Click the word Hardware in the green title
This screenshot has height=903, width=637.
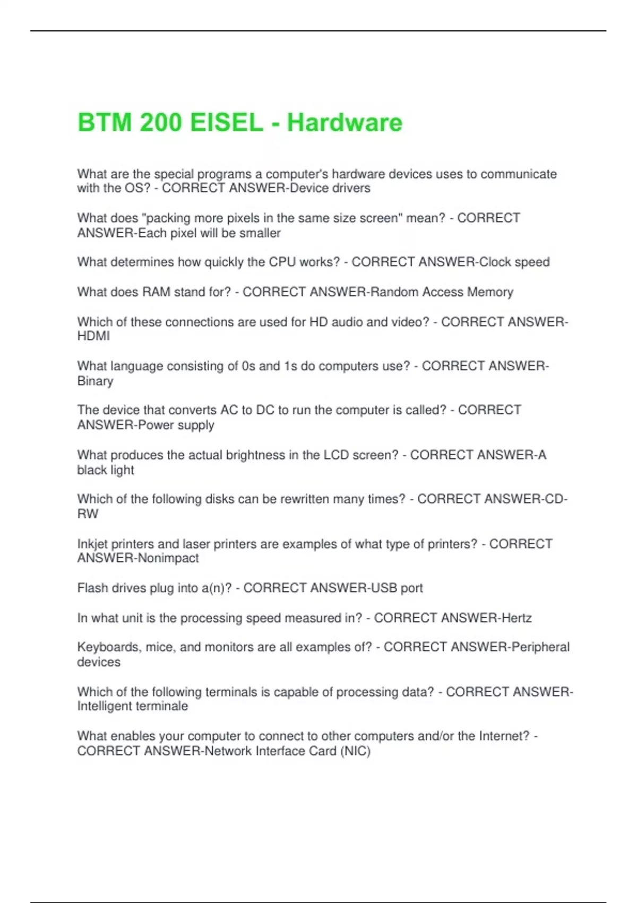point(345,123)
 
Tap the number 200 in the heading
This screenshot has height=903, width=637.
point(160,123)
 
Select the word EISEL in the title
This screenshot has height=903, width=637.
point(226,123)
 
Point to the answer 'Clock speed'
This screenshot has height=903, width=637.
point(514,262)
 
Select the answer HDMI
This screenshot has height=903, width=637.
point(93,336)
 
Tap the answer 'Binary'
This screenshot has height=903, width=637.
point(95,381)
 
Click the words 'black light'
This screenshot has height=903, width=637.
point(106,470)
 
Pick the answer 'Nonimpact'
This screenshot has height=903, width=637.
point(168,558)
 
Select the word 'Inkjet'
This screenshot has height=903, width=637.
point(93,544)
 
